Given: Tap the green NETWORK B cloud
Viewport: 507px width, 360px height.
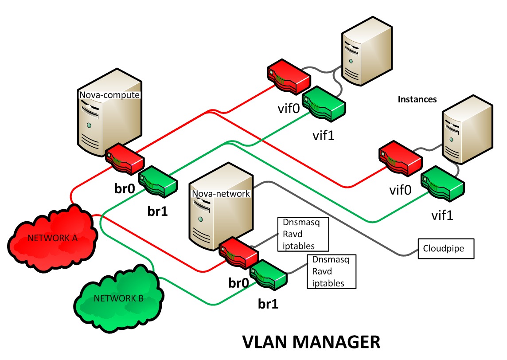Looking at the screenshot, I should click(x=118, y=298).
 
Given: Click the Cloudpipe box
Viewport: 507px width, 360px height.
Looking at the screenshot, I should click(x=446, y=248).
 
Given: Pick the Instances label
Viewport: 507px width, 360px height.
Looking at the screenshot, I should click(x=417, y=99).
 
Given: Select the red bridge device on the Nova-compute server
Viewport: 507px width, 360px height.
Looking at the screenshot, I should click(x=125, y=157).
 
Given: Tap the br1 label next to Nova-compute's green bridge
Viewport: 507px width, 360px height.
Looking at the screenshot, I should click(x=157, y=210).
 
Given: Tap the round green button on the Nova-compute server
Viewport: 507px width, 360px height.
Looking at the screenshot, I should click(x=90, y=125).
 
